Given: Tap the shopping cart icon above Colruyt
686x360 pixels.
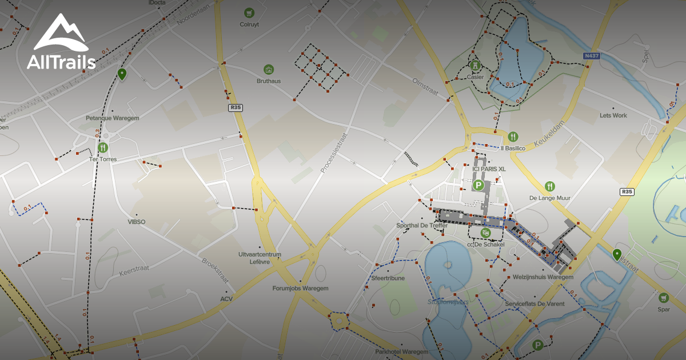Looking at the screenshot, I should coord(249,12).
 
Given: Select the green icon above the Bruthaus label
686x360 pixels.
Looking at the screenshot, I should coord(269,69).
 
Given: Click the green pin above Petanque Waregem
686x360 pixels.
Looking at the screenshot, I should coord(122,74).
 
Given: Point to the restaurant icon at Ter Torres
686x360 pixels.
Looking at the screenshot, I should coord(103,147).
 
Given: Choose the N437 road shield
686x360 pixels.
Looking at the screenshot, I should coord(591,56).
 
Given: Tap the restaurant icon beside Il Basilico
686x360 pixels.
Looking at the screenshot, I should coord(513,137).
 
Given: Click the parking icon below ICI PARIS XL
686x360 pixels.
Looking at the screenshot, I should coord(478,185).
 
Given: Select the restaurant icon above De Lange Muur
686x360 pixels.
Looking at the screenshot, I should coord(549,186).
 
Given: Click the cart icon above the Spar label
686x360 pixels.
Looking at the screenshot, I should coord(663,297).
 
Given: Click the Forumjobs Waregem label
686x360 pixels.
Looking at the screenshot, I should coord(300,289).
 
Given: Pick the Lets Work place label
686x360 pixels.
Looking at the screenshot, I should coord(613,115).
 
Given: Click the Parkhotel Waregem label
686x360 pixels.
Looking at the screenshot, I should coord(402,351).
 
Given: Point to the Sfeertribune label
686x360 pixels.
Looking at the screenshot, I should coord(388,278).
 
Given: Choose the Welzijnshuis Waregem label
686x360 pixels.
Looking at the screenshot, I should coord(543,277).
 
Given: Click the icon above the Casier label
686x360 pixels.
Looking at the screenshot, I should coord(474,65).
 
